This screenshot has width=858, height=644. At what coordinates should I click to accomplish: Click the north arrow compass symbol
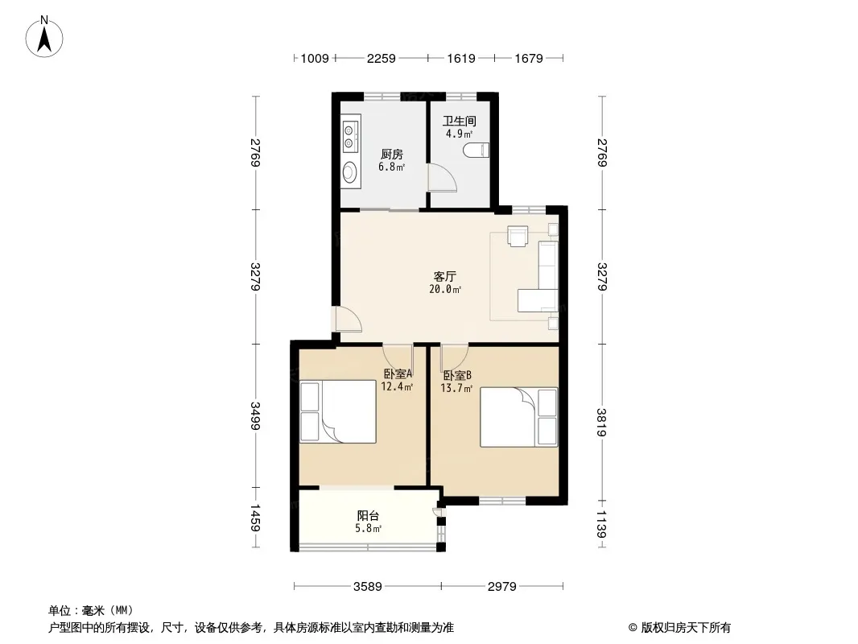(44, 37)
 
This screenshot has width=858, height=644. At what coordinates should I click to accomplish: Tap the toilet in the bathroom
(476, 151)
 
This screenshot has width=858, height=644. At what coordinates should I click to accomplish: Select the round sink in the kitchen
(349, 172)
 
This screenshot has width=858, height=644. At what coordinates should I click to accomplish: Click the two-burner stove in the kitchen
(350, 137)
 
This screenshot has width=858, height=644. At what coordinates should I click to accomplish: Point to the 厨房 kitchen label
(392, 155)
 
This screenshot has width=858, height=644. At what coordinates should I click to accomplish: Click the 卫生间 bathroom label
(459, 121)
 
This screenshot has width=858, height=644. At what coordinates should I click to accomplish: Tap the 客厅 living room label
(445, 276)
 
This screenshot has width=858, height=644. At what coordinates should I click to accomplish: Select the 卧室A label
(398, 374)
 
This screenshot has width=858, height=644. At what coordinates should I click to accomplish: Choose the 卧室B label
(457, 376)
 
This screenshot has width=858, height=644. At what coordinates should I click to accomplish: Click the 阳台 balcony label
(369, 515)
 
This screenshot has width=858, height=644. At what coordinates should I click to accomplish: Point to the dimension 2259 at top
(381, 58)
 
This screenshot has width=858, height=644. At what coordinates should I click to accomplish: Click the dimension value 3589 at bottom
(367, 587)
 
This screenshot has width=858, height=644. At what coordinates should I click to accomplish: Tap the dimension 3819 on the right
(602, 423)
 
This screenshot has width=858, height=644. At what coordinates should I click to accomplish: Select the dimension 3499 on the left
(255, 416)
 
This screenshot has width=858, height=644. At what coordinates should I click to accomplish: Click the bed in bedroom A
(338, 411)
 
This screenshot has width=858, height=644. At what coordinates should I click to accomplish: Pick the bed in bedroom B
(518, 417)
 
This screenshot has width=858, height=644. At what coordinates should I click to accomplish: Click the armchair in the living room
(518, 236)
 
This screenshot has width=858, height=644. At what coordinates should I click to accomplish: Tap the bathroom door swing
(442, 176)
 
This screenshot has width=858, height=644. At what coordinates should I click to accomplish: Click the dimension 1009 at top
(315, 58)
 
